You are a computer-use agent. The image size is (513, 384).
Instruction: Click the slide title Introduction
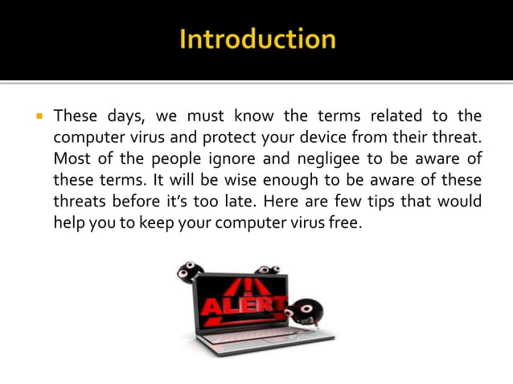point(256,39)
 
